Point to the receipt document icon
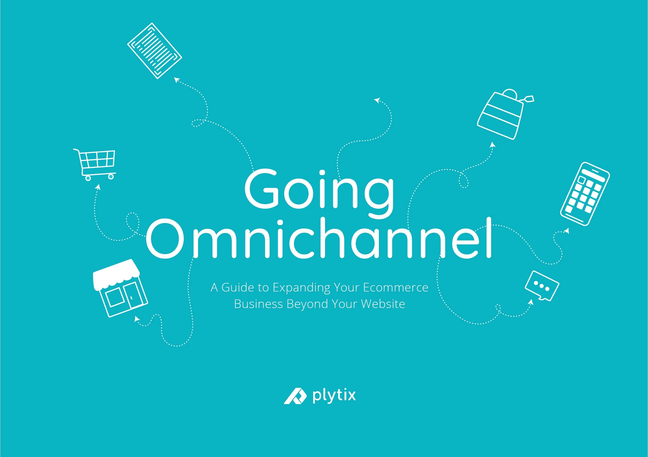coord(155,51)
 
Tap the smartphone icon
coord(585,194)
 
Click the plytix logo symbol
coord(295,396)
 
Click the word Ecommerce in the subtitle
coord(396,288)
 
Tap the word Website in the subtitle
coord(383,304)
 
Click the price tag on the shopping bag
coord(529,99)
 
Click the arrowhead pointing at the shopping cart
coord(98,186)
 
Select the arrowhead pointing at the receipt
coord(177,80)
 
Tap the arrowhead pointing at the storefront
coord(137,319)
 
